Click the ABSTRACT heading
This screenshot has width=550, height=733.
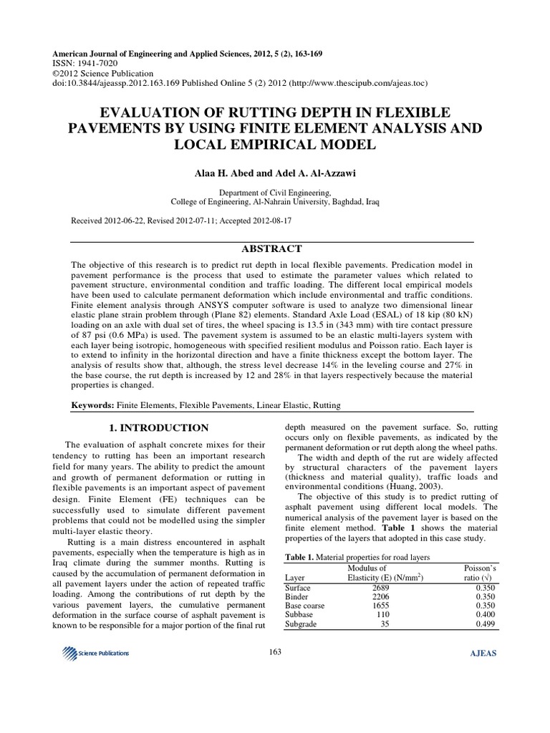(275, 248)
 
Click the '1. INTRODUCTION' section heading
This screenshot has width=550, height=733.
(158, 428)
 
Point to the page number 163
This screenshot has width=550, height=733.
(275, 652)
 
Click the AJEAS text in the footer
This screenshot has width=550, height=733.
(481, 653)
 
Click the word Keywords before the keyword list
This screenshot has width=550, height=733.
(92, 406)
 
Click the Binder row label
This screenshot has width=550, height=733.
(297, 596)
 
